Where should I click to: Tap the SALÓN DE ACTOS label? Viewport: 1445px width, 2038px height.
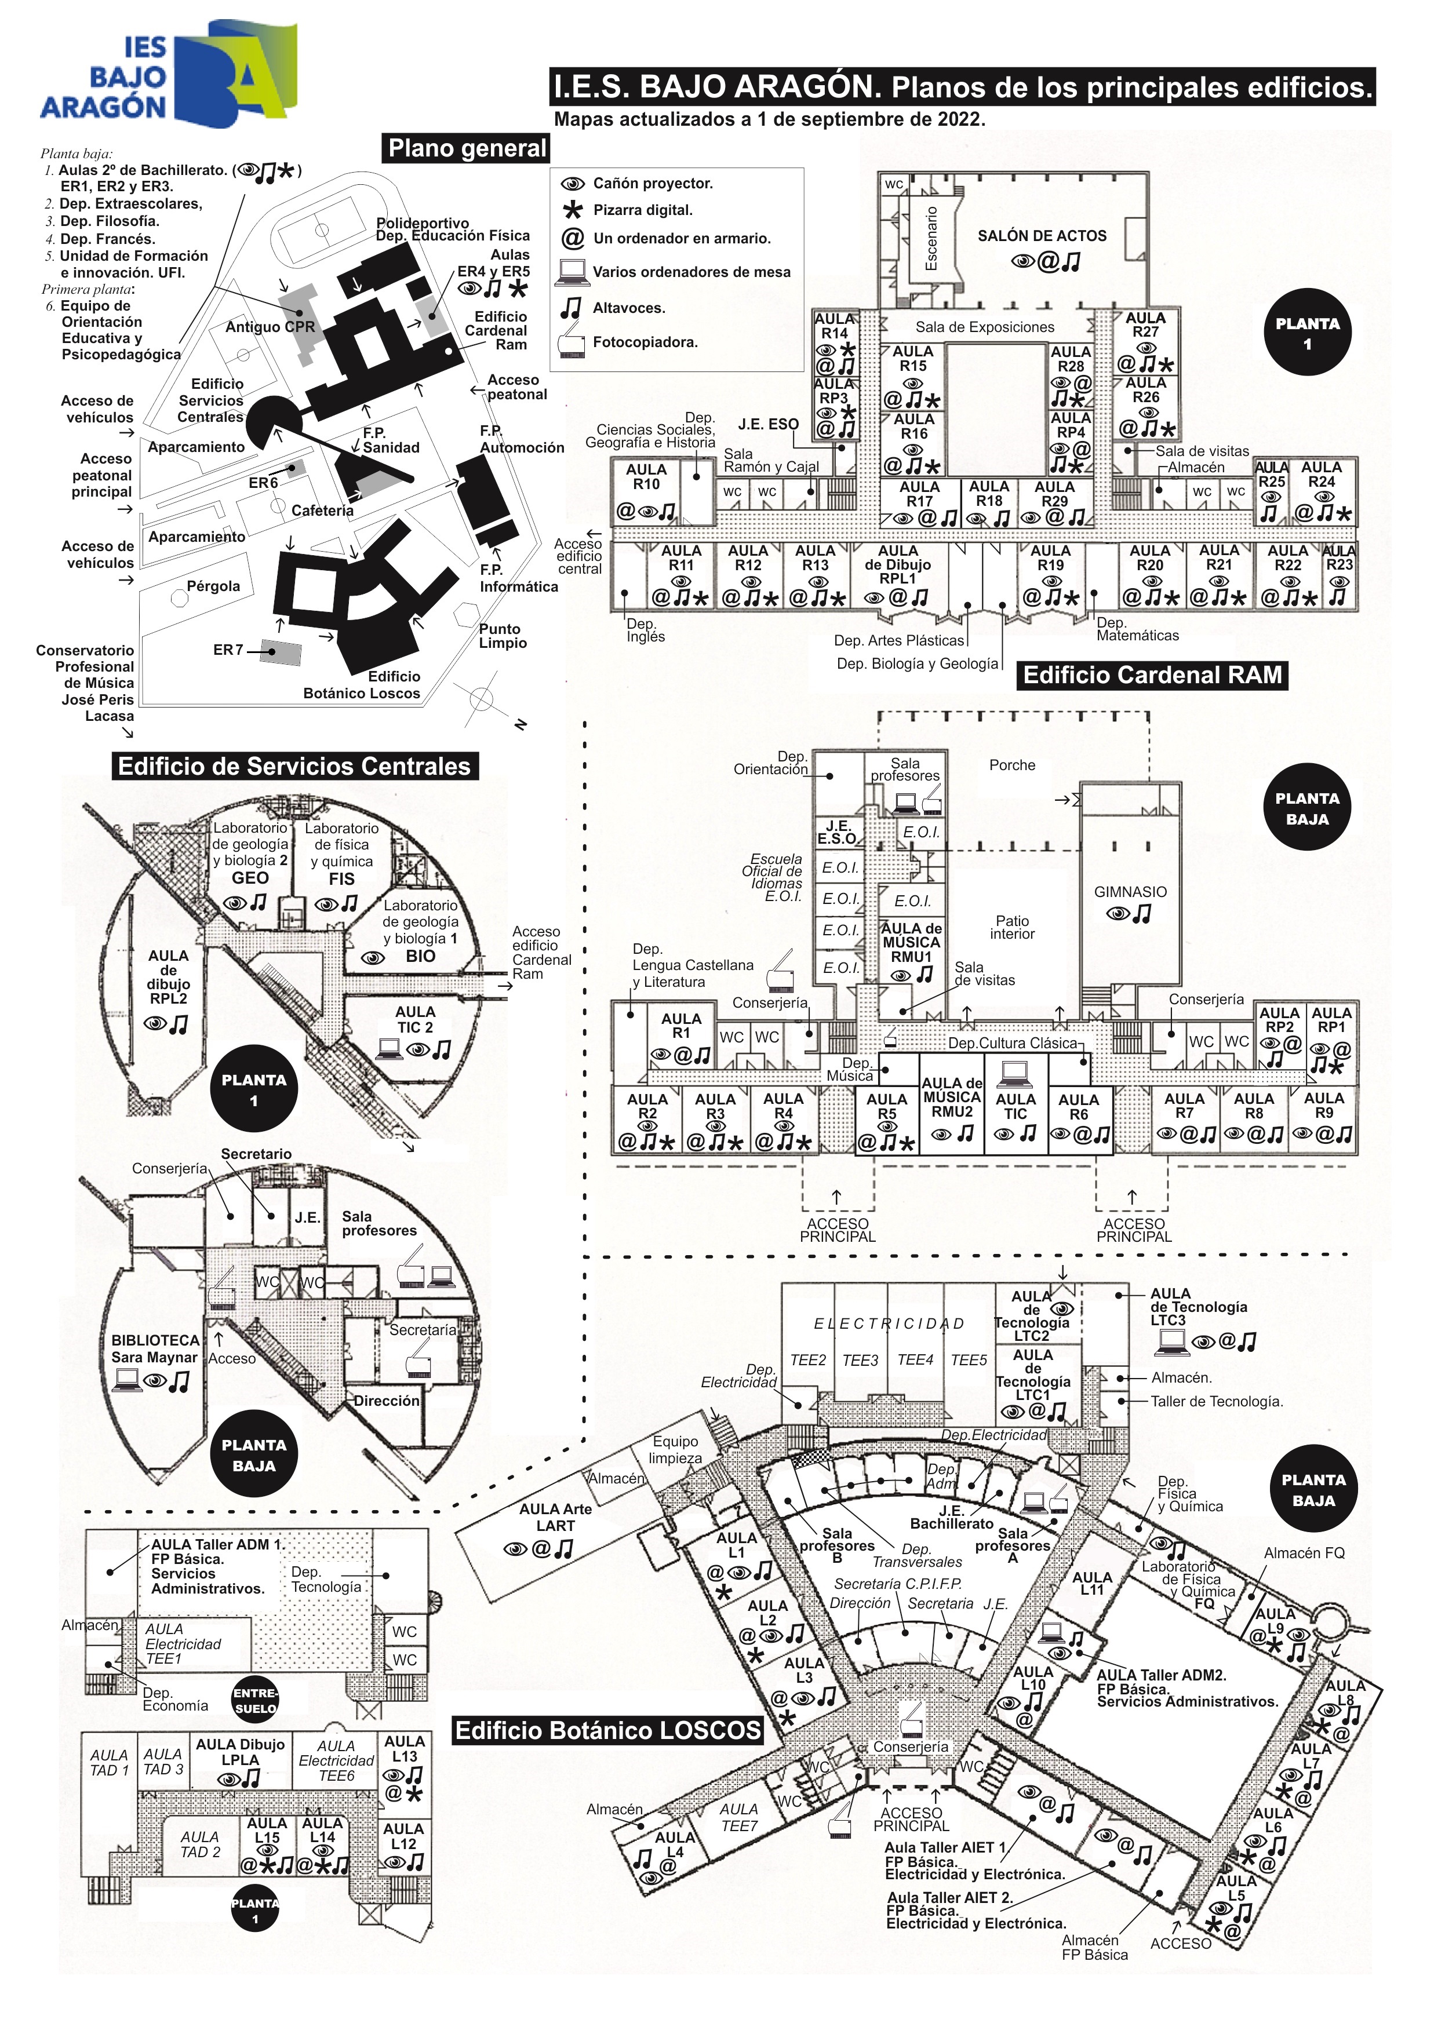[x=1042, y=236]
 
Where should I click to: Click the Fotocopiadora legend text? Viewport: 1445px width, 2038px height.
[x=645, y=341]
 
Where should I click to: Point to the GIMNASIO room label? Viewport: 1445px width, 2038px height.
[x=1130, y=891]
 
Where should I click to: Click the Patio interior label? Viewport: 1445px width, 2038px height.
[x=1013, y=927]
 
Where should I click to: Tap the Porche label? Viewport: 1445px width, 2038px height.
[x=1013, y=765]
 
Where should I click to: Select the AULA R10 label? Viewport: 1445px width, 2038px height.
[x=647, y=477]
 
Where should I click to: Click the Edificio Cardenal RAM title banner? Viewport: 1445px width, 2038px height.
[x=1152, y=675]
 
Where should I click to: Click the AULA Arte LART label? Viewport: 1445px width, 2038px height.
[x=555, y=1516]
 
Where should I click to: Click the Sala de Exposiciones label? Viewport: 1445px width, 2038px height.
[x=985, y=327]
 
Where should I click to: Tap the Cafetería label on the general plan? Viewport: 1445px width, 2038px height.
[x=322, y=511]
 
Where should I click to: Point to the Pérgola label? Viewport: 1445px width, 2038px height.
[x=213, y=586]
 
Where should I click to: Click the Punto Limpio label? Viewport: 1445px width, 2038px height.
[x=503, y=636]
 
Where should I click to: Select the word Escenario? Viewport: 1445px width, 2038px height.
[x=931, y=238]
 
